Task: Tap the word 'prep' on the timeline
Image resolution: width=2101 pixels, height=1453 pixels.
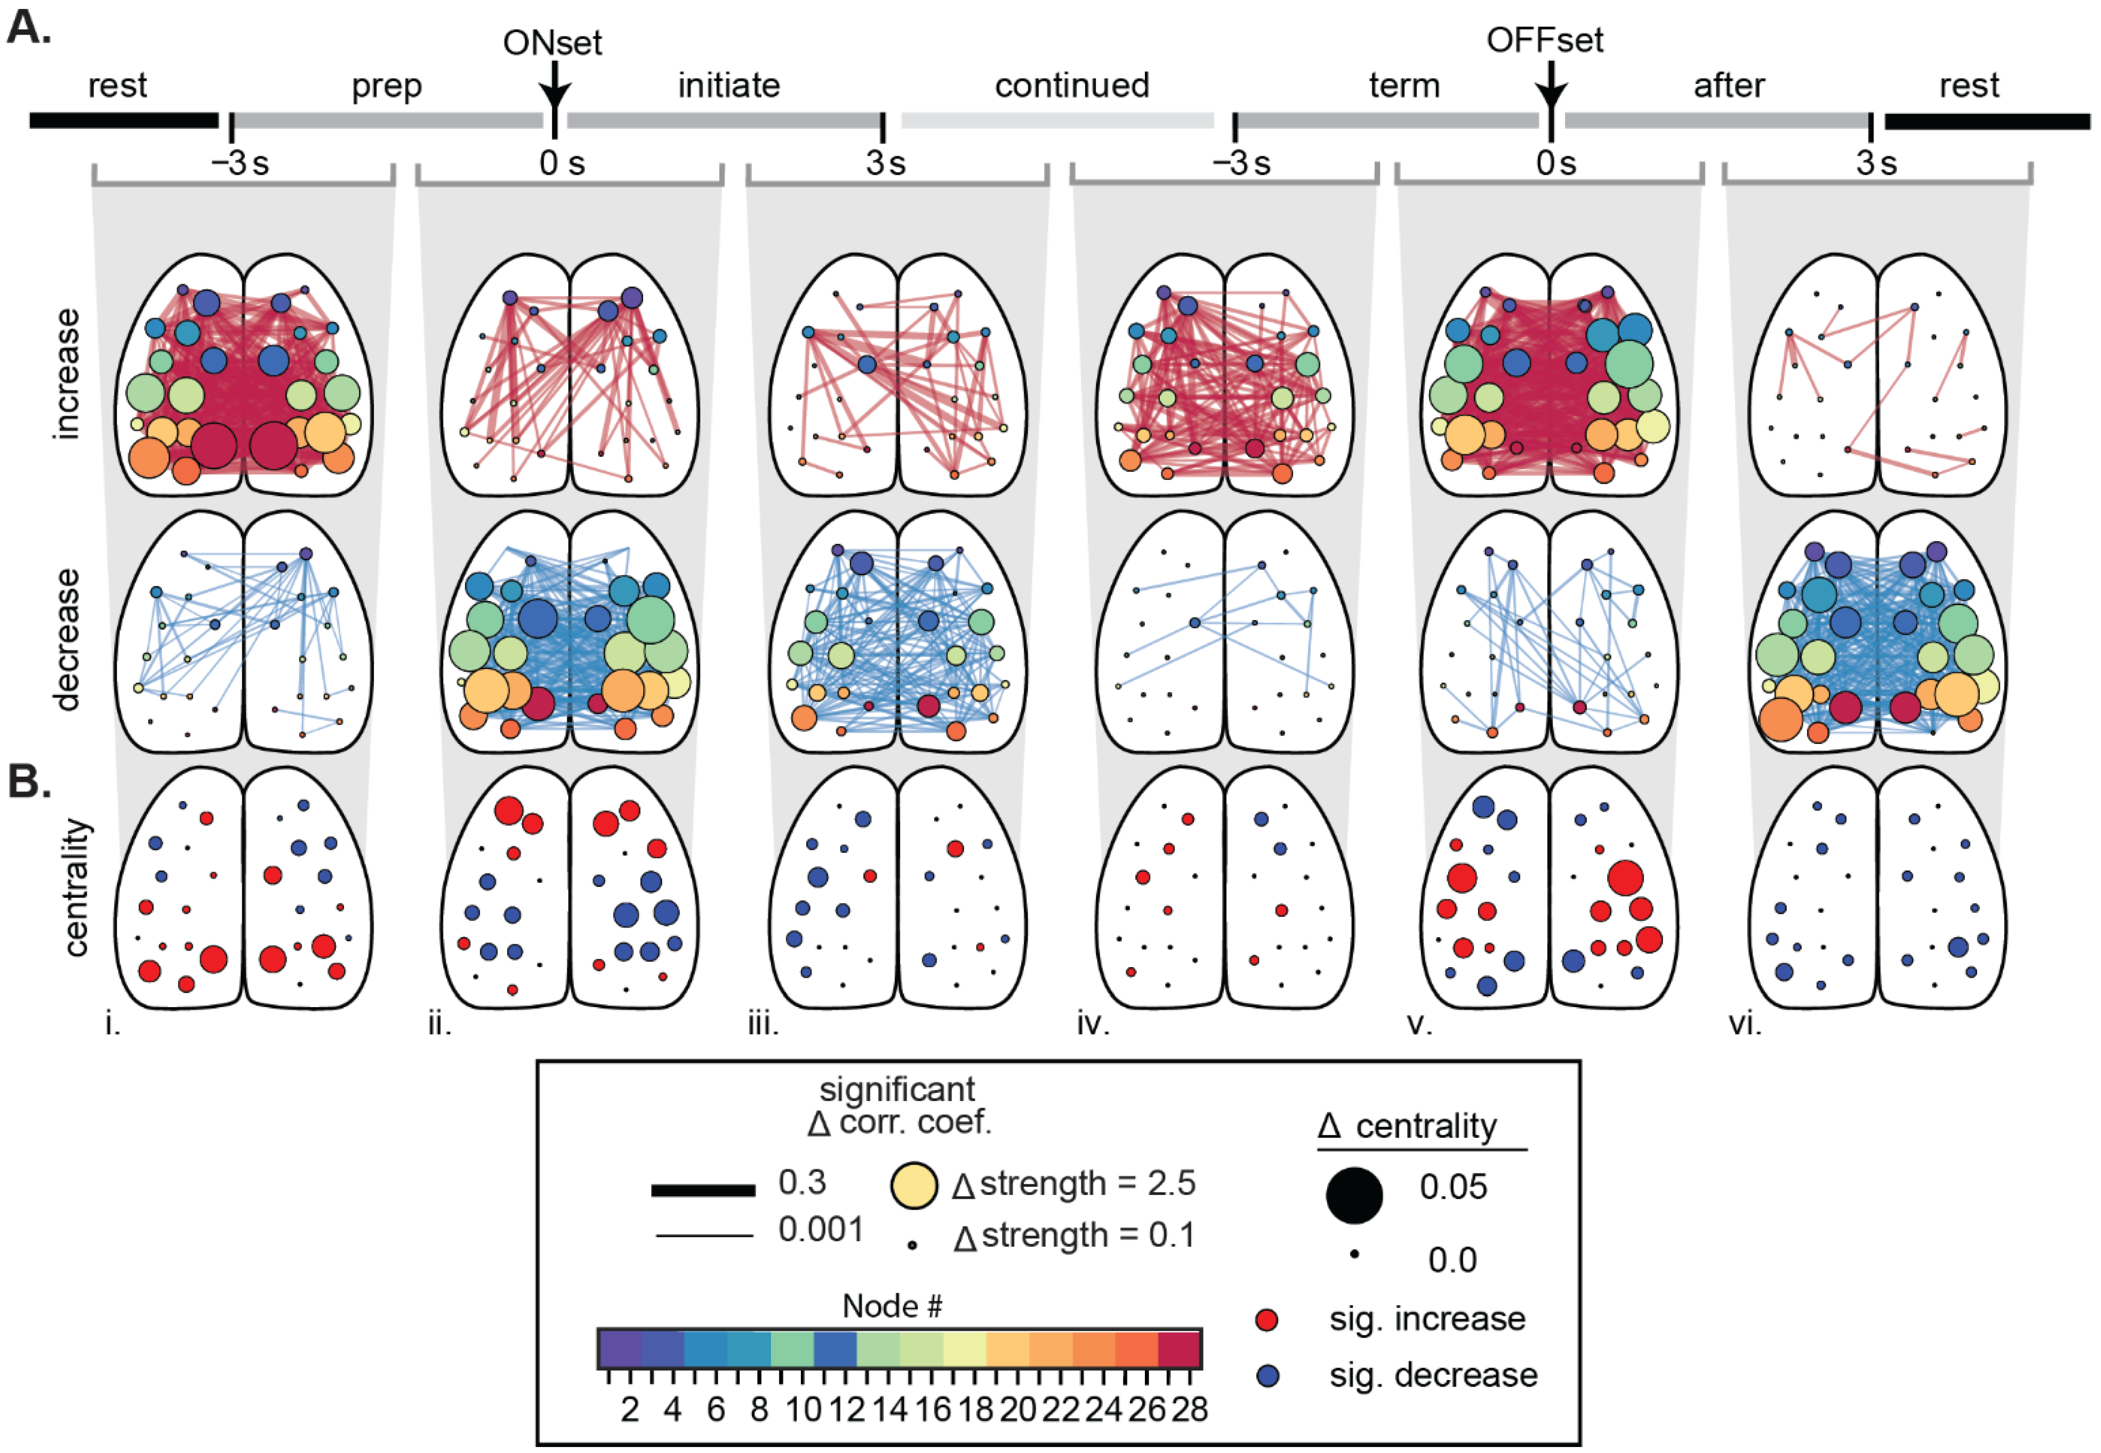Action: point(387,86)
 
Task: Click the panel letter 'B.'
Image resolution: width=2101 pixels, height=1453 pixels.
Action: point(29,781)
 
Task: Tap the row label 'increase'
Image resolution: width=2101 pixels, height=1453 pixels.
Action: point(66,374)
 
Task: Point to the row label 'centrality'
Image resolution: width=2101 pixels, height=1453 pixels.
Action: point(78,888)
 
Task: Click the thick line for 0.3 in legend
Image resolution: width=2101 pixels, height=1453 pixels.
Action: point(703,1190)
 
